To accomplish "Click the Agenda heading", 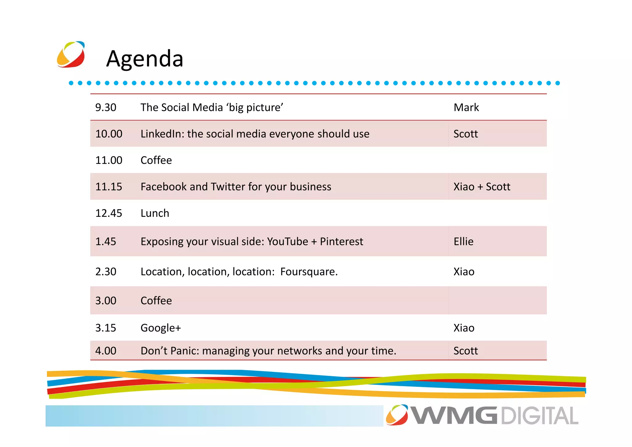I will click(x=145, y=59).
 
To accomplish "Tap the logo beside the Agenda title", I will click(x=71, y=54).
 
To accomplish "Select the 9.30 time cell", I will click(x=106, y=108).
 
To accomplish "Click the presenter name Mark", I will click(x=466, y=108).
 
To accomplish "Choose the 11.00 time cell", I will click(x=109, y=160).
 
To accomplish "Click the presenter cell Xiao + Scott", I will click(x=482, y=187).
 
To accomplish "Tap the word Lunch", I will click(x=155, y=213).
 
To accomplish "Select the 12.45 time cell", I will click(x=109, y=213).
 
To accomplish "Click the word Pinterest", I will click(x=341, y=241).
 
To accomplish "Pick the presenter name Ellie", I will click(x=463, y=241).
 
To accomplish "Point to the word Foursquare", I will click(x=309, y=272).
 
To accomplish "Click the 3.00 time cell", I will click(x=106, y=301).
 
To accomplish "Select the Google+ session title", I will click(x=160, y=328).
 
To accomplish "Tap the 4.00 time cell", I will click(x=106, y=351).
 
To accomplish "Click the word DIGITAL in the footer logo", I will click(x=539, y=416).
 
